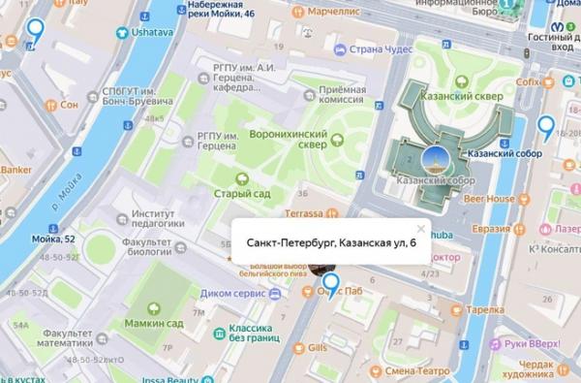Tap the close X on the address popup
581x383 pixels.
(420, 229)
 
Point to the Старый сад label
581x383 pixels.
(241, 193)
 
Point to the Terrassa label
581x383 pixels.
(310, 211)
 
